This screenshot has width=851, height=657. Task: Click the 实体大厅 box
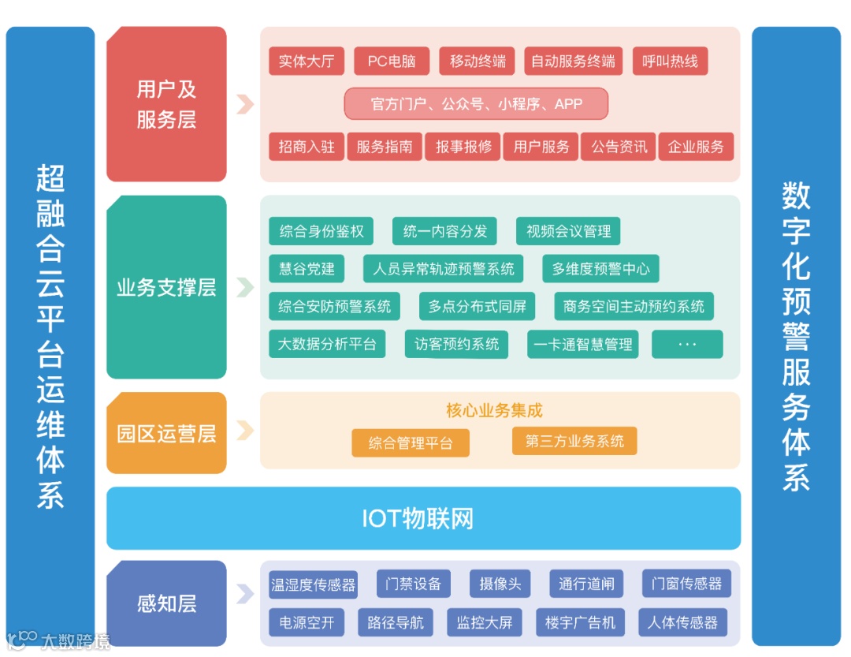(x=307, y=62)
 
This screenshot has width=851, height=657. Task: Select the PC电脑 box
(x=392, y=62)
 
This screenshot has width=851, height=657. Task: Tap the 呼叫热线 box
(x=670, y=62)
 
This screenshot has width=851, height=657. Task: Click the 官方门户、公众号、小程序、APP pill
(x=476, y=103)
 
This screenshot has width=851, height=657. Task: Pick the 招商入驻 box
(x=307, y=147)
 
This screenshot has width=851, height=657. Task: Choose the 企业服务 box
(x=696, y=147)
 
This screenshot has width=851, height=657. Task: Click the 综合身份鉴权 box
(x=321, y=231)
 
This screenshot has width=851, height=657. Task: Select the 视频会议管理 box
(x=568, y=231)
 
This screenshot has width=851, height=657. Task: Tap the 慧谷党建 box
(x=307, y=269)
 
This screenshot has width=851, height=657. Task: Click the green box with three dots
(x=687, y=345)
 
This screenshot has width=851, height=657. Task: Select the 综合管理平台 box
(x=411, y=443)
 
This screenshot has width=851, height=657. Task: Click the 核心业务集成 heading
(x=494, y=410)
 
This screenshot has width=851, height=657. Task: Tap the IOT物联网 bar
(x=423, y=518)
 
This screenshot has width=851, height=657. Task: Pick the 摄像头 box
(x=500, y=584)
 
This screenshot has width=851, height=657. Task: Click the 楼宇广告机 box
(x=580, y=622)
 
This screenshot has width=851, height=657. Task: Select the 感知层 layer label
(x=166, y=604)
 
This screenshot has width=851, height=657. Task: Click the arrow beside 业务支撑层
(x=245, y=287)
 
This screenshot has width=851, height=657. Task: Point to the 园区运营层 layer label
(x=166, y=433)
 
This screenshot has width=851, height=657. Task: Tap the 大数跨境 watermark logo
(x=59, y=640)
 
